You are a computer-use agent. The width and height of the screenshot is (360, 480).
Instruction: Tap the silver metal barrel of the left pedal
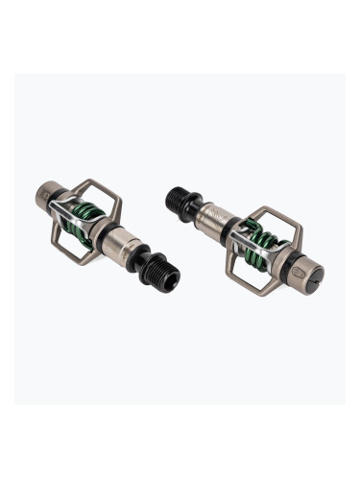coord(132,255)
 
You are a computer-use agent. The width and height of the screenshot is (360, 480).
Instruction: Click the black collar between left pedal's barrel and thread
coord(150,266)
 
